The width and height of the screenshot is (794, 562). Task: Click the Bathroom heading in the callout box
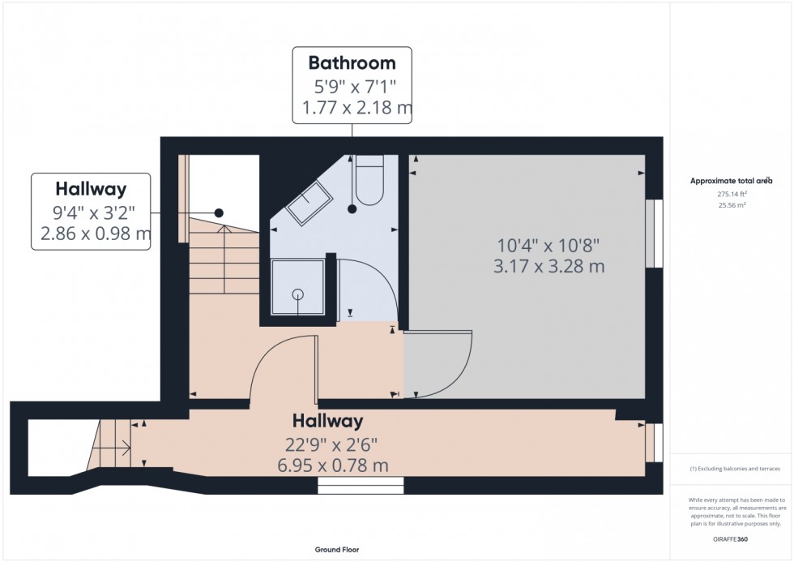(x=352, y=63)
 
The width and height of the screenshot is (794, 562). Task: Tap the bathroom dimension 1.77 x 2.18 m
(x=352, y=108)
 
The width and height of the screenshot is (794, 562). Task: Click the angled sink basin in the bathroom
(x=308, y=201)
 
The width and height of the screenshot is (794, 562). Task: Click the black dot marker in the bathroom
(x=352, y=209)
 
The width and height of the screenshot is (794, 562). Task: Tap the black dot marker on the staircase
(x=218, y=212)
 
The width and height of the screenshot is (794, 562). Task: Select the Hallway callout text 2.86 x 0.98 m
(x=91, y=235)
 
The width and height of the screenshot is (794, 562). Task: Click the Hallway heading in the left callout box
(x=91, y=190)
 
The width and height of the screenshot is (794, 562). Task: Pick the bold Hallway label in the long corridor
(x=327, y=422)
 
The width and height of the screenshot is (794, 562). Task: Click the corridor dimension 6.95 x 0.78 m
(x=330, y=465)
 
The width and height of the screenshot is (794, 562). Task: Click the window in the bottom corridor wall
(x=361, y=485)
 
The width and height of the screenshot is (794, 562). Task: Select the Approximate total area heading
(x=731, y=181)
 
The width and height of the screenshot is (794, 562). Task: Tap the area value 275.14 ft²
(x=731, y=195)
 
